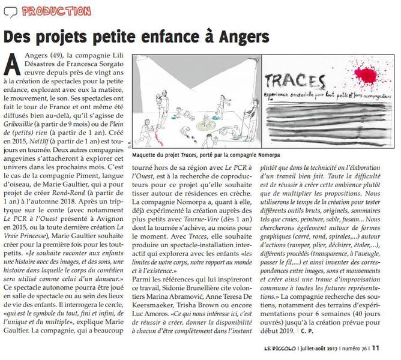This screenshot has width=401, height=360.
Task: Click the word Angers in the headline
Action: coord(237,37)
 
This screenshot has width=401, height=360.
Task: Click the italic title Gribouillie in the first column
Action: coord(24,132)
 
